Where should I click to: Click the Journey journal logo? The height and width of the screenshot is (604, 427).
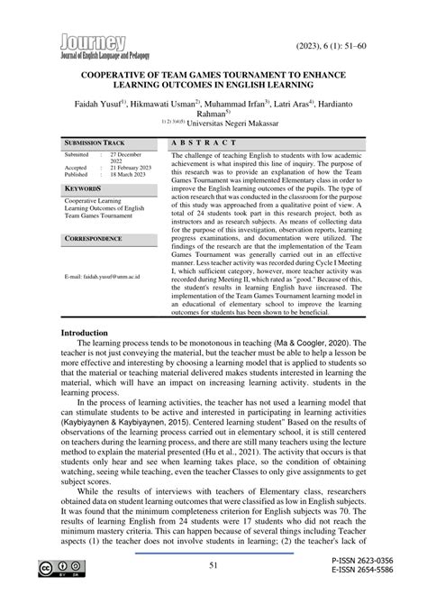click(93, 46)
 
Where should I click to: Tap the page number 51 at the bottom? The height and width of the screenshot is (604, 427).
click(213, 565)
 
